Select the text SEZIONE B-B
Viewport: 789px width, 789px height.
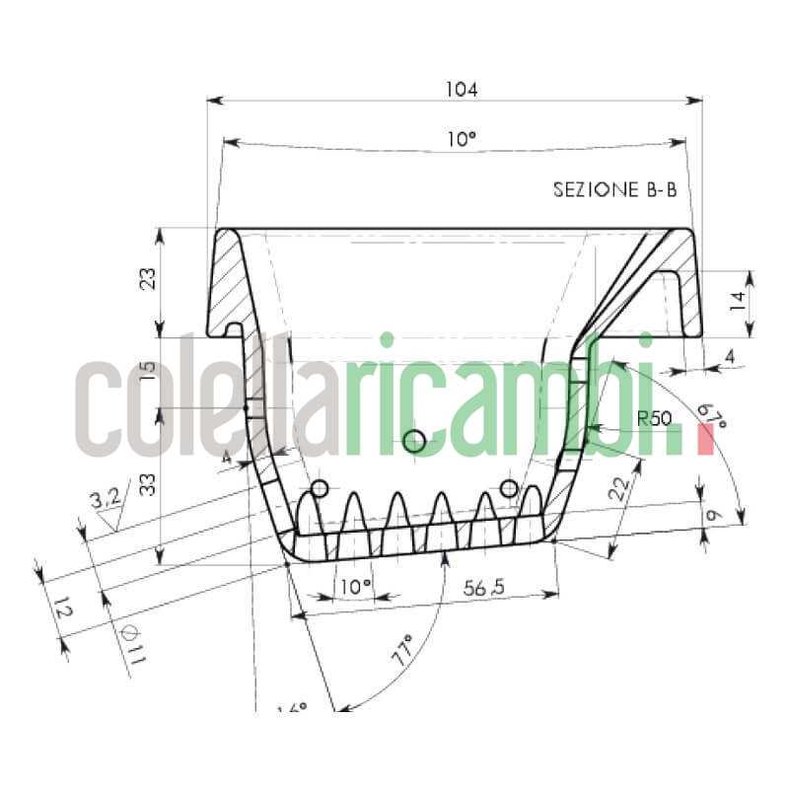point(614,190)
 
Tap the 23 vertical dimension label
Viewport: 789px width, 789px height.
point(148,281)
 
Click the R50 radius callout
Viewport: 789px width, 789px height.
point(654,418)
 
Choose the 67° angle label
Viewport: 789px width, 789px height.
point(711,415)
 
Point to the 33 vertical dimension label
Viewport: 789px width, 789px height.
point(148,484)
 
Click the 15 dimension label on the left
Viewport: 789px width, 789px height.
point(148,372)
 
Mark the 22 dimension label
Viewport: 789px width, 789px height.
point(620,488)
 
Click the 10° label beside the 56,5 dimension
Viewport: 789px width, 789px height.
point(355,587)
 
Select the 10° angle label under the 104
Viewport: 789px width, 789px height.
point(460,140)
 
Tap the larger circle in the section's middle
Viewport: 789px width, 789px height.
point(414,441)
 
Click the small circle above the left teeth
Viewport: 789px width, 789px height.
point(319,489)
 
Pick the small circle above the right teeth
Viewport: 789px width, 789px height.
point(509,488)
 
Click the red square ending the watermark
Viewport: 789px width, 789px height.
point(703,440)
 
